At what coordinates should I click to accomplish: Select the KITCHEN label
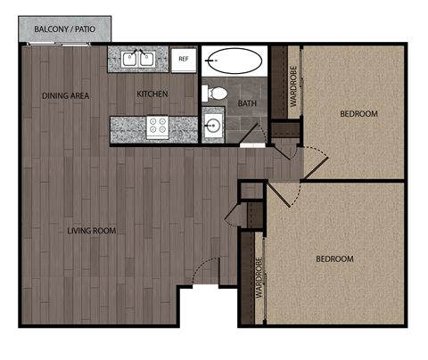[152, 94]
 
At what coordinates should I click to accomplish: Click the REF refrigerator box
[184, 60]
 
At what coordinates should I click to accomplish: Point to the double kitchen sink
[138, 60]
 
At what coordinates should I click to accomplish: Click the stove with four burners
[158, 127]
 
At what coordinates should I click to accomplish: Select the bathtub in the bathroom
[234, 61]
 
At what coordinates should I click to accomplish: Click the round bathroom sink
[213, 126]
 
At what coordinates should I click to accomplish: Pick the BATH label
[247, 103]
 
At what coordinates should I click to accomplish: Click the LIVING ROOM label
[92, 231]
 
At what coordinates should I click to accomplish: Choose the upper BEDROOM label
[358, 113]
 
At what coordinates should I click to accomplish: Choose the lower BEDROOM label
[334, 259]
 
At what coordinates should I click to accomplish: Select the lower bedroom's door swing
[280, 198]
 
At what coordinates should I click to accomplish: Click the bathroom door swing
[253, 133]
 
